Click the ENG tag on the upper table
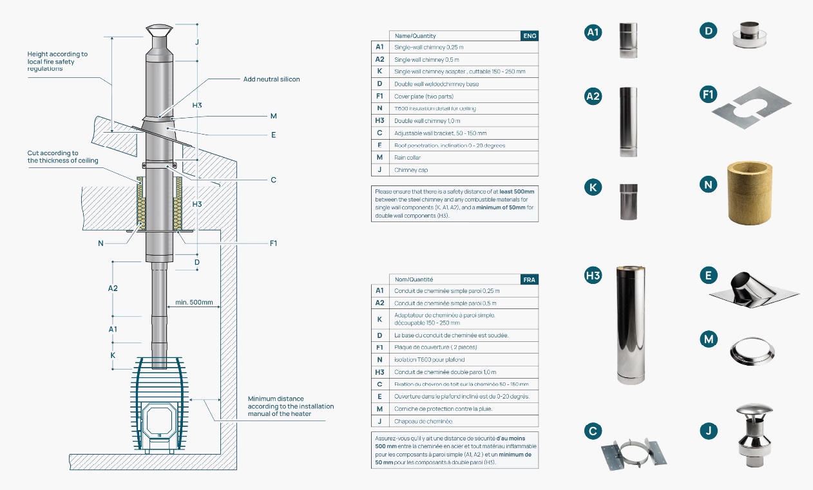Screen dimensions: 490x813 [x=529, y=36]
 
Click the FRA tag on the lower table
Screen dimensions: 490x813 [x=529, y=279]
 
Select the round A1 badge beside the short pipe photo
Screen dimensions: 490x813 [x=593, y=32]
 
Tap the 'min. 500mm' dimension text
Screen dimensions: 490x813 [x=194, y=302]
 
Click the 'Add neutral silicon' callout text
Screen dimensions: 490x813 [x=271, y=79]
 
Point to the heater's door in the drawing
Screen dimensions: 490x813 [x=158, y=420]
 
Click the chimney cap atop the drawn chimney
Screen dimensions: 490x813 [x=158, y=31]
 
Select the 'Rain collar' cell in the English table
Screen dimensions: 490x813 [x=406, y=158]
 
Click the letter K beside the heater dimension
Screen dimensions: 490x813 [x=113, y=355]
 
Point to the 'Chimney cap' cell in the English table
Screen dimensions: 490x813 [x=411, y=170]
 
